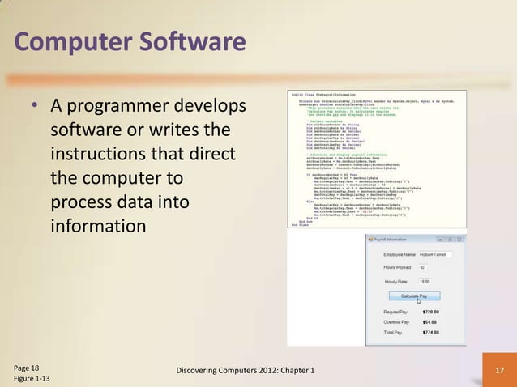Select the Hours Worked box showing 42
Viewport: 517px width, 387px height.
tap(426, 267)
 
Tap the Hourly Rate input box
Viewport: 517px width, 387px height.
tap(429, 281)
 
